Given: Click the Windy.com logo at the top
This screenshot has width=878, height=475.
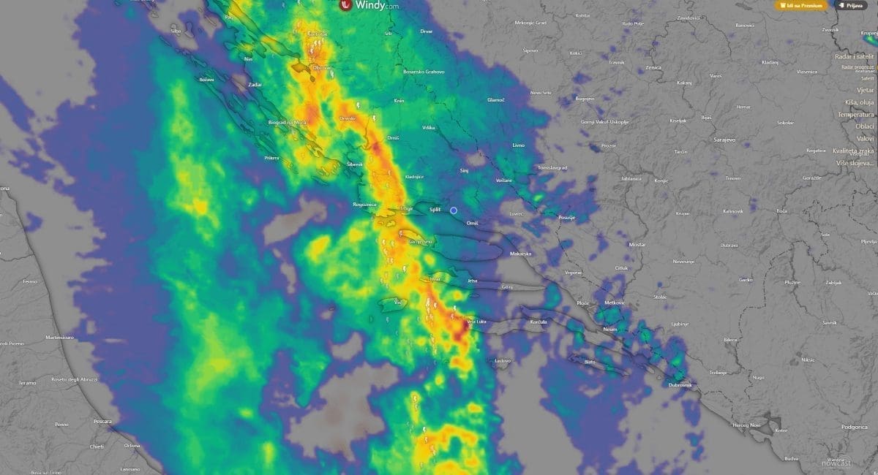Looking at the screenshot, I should (369, 5).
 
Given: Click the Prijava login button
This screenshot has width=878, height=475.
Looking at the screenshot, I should (850, 5).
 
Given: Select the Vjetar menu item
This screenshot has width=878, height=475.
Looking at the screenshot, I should (866, 90).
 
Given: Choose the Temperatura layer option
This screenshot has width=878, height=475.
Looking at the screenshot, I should (856, 114).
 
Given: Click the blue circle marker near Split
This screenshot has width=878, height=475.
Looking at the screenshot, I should (454, 210).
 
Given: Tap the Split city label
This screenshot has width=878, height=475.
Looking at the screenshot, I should (435, 210).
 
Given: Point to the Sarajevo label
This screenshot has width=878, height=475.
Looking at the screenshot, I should (724, 138).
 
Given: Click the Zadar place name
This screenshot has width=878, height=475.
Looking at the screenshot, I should (255, 85).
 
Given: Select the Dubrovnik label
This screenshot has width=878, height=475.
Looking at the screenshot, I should (680, 384).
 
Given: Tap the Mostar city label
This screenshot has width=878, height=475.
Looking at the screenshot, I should (637, 245).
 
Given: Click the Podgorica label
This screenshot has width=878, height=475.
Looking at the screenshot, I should (854, 425).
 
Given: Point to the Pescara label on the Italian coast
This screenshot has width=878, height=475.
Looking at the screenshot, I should (103, 422).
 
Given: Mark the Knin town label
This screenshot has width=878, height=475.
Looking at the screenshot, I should (399, 101).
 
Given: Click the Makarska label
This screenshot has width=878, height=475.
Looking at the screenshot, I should (520, 253).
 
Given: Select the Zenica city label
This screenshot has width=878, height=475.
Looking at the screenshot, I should (653, 67).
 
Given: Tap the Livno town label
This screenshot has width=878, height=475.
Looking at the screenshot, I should (519, 145).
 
